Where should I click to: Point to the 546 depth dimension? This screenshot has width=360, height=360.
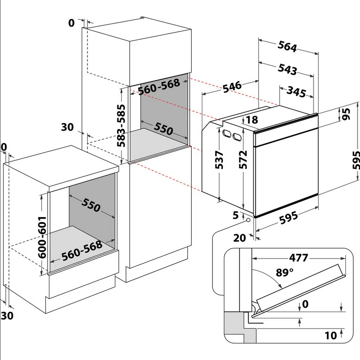pyautogui.click(x=232, y=87)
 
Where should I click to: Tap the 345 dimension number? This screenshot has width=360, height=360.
pyautogui.click(x=296, y=91)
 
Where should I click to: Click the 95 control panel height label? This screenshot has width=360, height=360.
pyautogui.click(x=346, y=114)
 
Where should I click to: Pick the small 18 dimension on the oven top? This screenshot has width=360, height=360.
pyautogui.click(x=252, y=120)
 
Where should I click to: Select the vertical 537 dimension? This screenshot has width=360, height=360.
pyautogui.click(x=219, y=160)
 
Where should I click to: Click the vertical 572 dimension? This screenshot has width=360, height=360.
pyautogui.click(x=243, y=160)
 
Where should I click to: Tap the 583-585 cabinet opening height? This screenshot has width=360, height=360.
pyautogui.click(x=121, y=125)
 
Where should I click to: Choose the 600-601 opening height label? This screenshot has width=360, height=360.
pyautogui.click(x=42, y=237)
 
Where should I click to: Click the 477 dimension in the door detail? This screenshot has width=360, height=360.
pyautogui.click(x=298, y=258)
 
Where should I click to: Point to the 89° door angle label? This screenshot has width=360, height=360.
pyautogui.click(x=285, y=273)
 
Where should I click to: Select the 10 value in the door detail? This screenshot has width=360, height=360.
pyautogui.click(x=330, y=336)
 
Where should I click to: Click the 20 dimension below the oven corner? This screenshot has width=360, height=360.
pyautogui.click(x=240, y=238)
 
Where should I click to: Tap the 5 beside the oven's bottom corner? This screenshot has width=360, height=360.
pyautogui.click(x=236, y=215)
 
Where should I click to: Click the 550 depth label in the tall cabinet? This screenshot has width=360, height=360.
pyautogui.click(x=163, y=129)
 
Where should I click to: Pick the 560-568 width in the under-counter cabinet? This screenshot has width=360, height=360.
pyautogui.click(x=82, y=251)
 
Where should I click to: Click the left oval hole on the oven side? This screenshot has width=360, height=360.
pyautogui.click(x=227, y=134)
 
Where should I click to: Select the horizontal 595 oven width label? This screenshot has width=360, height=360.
pyautogui.click(x=289, y=217)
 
